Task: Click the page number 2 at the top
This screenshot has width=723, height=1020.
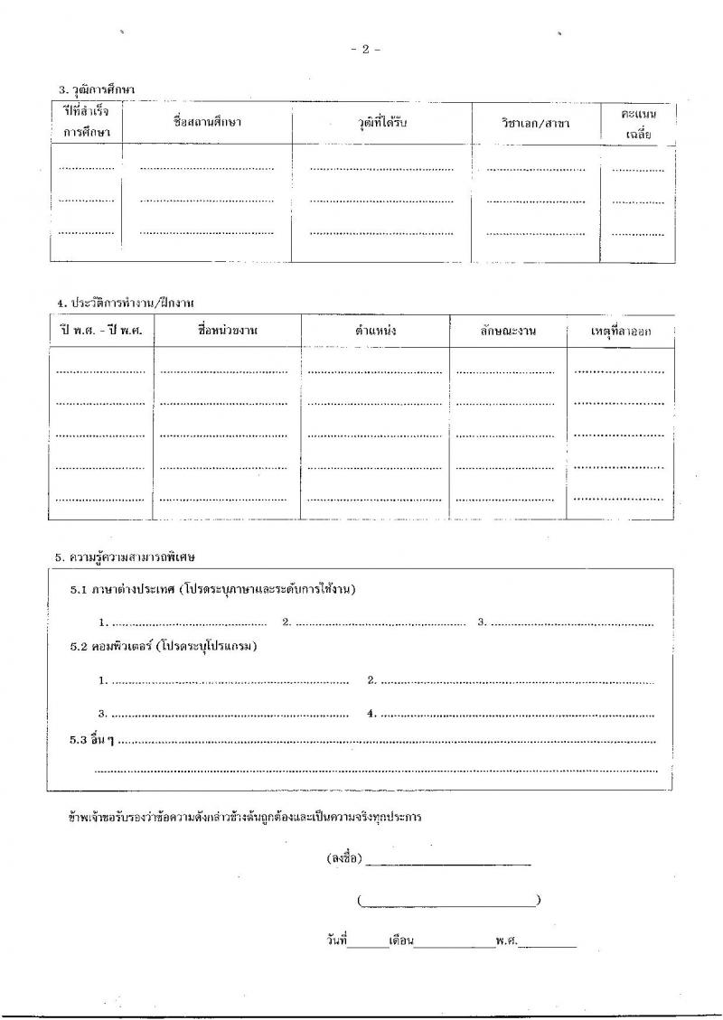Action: [x=365, y=50]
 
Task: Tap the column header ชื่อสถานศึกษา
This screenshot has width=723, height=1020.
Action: [x=208, y=122]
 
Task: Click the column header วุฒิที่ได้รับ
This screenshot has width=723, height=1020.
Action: [x=381, y=122]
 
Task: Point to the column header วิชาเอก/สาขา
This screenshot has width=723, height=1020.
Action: [x=536, y=122]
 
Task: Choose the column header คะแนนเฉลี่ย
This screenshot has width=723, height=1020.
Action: [x=638, y=123]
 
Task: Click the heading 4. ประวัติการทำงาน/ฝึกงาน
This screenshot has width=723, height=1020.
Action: [x=125, y=303]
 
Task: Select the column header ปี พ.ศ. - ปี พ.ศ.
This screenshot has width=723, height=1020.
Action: [x=101, y=331]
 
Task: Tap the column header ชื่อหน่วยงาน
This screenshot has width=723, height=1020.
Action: [x=227, y=331]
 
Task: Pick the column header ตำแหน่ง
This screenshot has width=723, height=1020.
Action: [x=375, y=331]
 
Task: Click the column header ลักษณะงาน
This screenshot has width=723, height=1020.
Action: [x=508, y=331]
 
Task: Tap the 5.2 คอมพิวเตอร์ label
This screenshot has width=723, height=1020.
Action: [x=164, y=647]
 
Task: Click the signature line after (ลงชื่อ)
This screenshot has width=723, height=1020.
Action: [x=448, y=862]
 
